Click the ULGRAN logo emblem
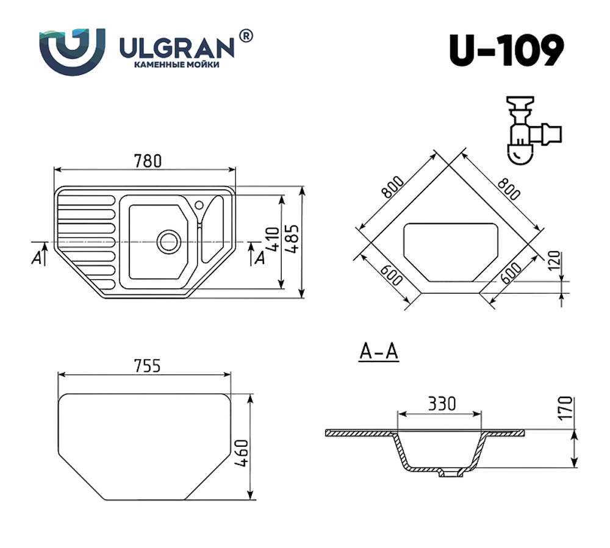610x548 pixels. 72,52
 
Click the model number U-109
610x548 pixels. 506,50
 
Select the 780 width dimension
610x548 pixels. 147,161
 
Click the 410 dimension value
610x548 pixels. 273,240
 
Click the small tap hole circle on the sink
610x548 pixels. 199,204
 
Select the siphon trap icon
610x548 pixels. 530,129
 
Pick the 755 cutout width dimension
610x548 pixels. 146,365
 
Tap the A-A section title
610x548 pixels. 378,352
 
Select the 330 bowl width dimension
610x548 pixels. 440,403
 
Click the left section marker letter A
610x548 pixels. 37,258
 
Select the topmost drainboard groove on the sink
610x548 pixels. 86,199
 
